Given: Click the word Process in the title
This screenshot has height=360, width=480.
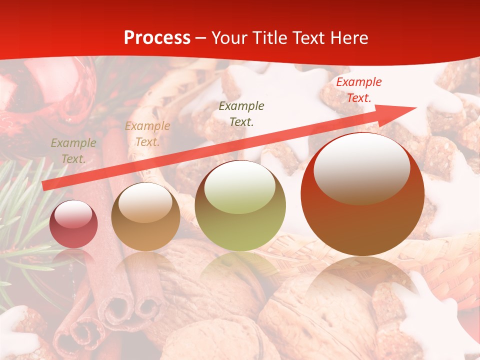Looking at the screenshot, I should point(157,38).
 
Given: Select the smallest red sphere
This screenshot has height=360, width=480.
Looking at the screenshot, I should point(73,224).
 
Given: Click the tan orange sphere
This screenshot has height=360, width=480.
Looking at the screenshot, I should point(145,216).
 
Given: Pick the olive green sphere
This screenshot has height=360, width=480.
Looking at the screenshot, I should point(240,205).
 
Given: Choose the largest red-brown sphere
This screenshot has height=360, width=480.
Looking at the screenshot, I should point(362,194).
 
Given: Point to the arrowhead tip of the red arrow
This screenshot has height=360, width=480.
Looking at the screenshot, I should point(416,107).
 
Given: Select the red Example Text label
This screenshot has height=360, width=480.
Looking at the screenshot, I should point(358,90).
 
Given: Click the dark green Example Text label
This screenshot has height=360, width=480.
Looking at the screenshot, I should point(241,113).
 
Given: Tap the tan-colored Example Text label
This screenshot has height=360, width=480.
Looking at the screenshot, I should point(147,134).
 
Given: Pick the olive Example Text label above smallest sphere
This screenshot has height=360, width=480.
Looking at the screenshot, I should point(73,151).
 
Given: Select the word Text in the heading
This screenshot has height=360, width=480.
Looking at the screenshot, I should point(307,38).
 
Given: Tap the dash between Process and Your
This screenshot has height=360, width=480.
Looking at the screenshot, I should point(201,38).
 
